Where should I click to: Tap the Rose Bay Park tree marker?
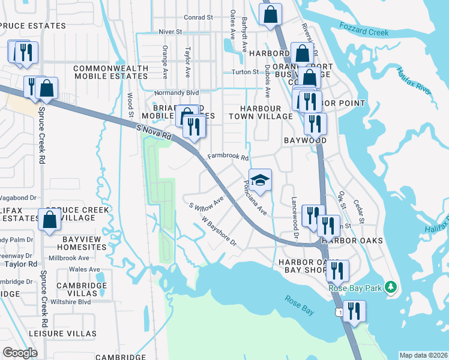pyautogui.click(x=391, y=287)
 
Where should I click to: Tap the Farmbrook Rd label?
pyautogui.click(x=228, y=157)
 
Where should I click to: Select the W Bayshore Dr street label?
pyautogui.click(x=219, y=232)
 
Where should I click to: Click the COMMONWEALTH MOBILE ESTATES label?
pyautogui.click(x=110, y=73)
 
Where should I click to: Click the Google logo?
pyautogui.click(x=20, y=352)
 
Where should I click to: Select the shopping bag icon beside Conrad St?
pyautogui.click(x=271, y=15)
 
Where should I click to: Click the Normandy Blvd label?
pyautogui.click(x=176, y=94)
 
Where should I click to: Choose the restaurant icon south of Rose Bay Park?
pyautogui.click(x=354, y=311)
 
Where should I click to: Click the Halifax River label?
pyautogui.click(x=414, y=81)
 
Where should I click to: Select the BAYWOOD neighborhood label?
pyautogui.click(x=304, y=140)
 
